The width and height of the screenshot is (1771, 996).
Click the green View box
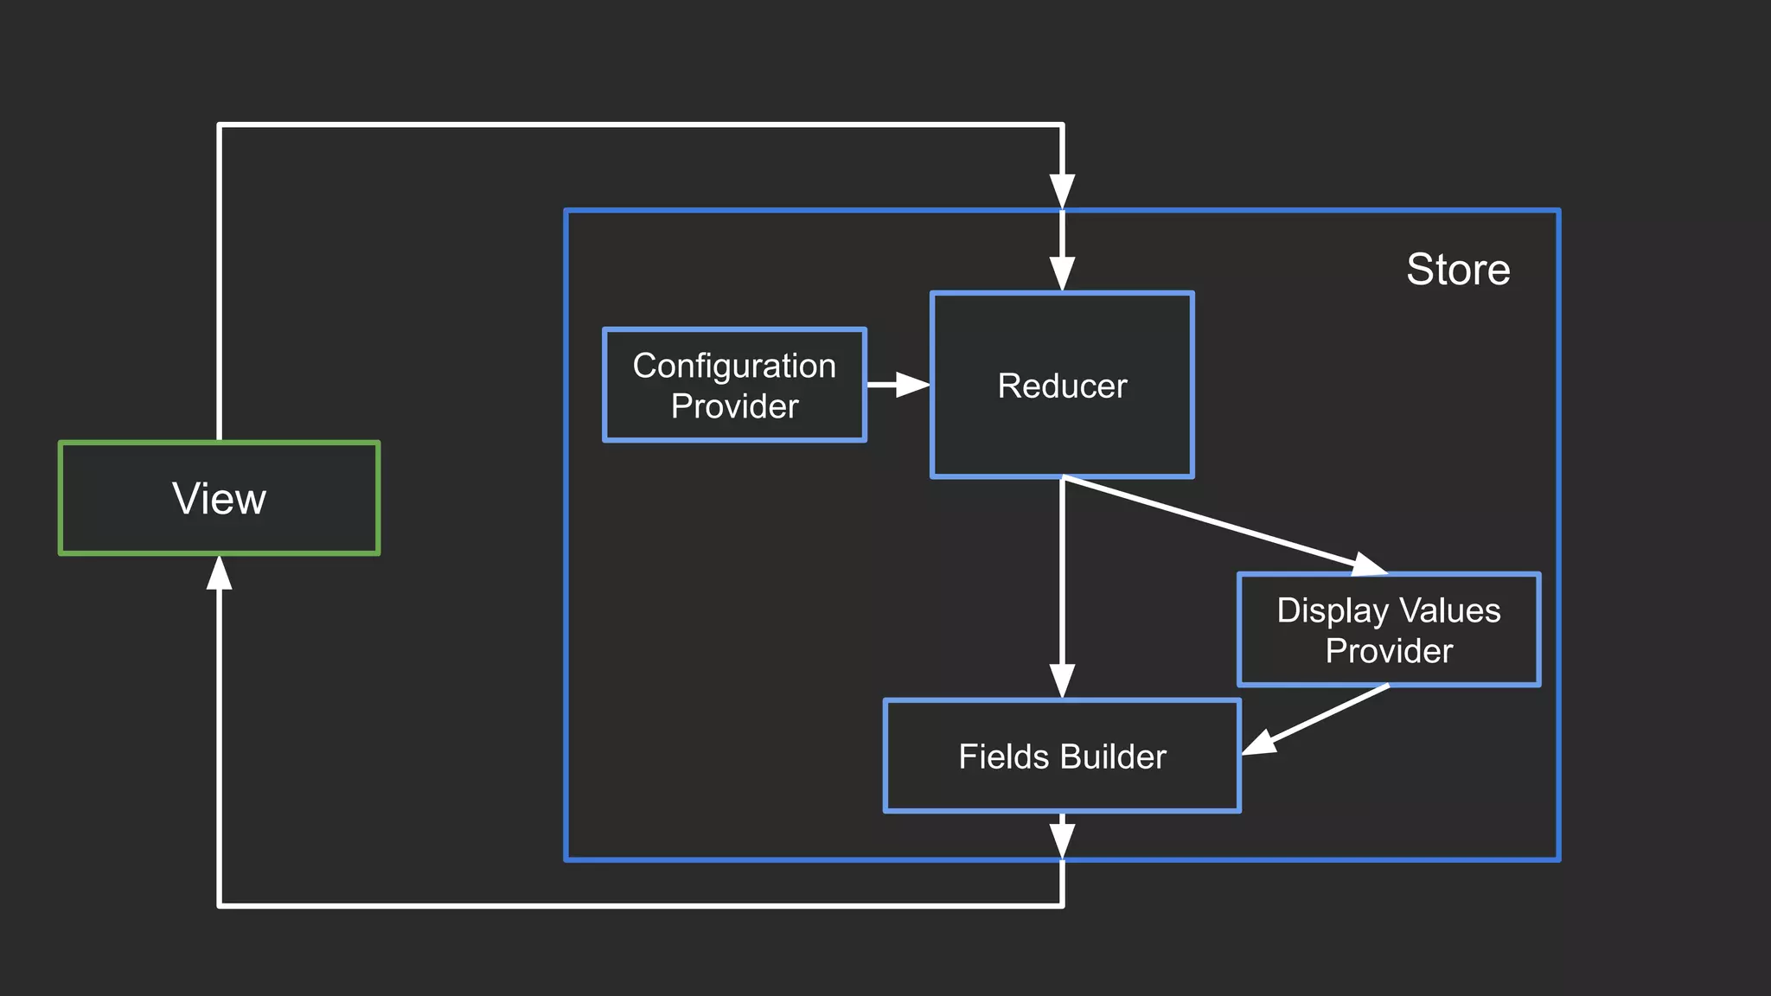[219, 498]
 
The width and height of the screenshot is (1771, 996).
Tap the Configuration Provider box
[734, 386]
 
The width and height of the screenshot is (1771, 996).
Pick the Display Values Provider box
[1389, 630]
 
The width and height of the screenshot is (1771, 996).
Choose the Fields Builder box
[1062, 757]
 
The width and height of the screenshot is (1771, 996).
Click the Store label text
[1458, 269]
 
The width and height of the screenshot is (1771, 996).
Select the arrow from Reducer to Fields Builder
[1062, 588]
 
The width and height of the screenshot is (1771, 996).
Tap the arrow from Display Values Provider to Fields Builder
[1314, 719]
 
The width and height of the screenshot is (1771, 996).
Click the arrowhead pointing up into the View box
[220, 573]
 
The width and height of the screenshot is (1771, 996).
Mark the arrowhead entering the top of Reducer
[1062, 273]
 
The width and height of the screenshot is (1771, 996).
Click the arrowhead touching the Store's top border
[1062, 191]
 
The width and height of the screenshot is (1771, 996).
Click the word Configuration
[734, 366]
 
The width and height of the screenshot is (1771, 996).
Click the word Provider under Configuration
[734, 406]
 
